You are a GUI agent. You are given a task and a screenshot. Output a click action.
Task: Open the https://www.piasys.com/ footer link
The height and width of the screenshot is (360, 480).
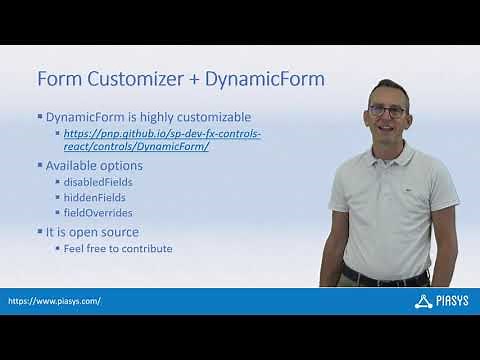[x=55, y=300]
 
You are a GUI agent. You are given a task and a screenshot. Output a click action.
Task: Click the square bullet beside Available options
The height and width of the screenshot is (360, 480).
[x=40, y=165]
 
